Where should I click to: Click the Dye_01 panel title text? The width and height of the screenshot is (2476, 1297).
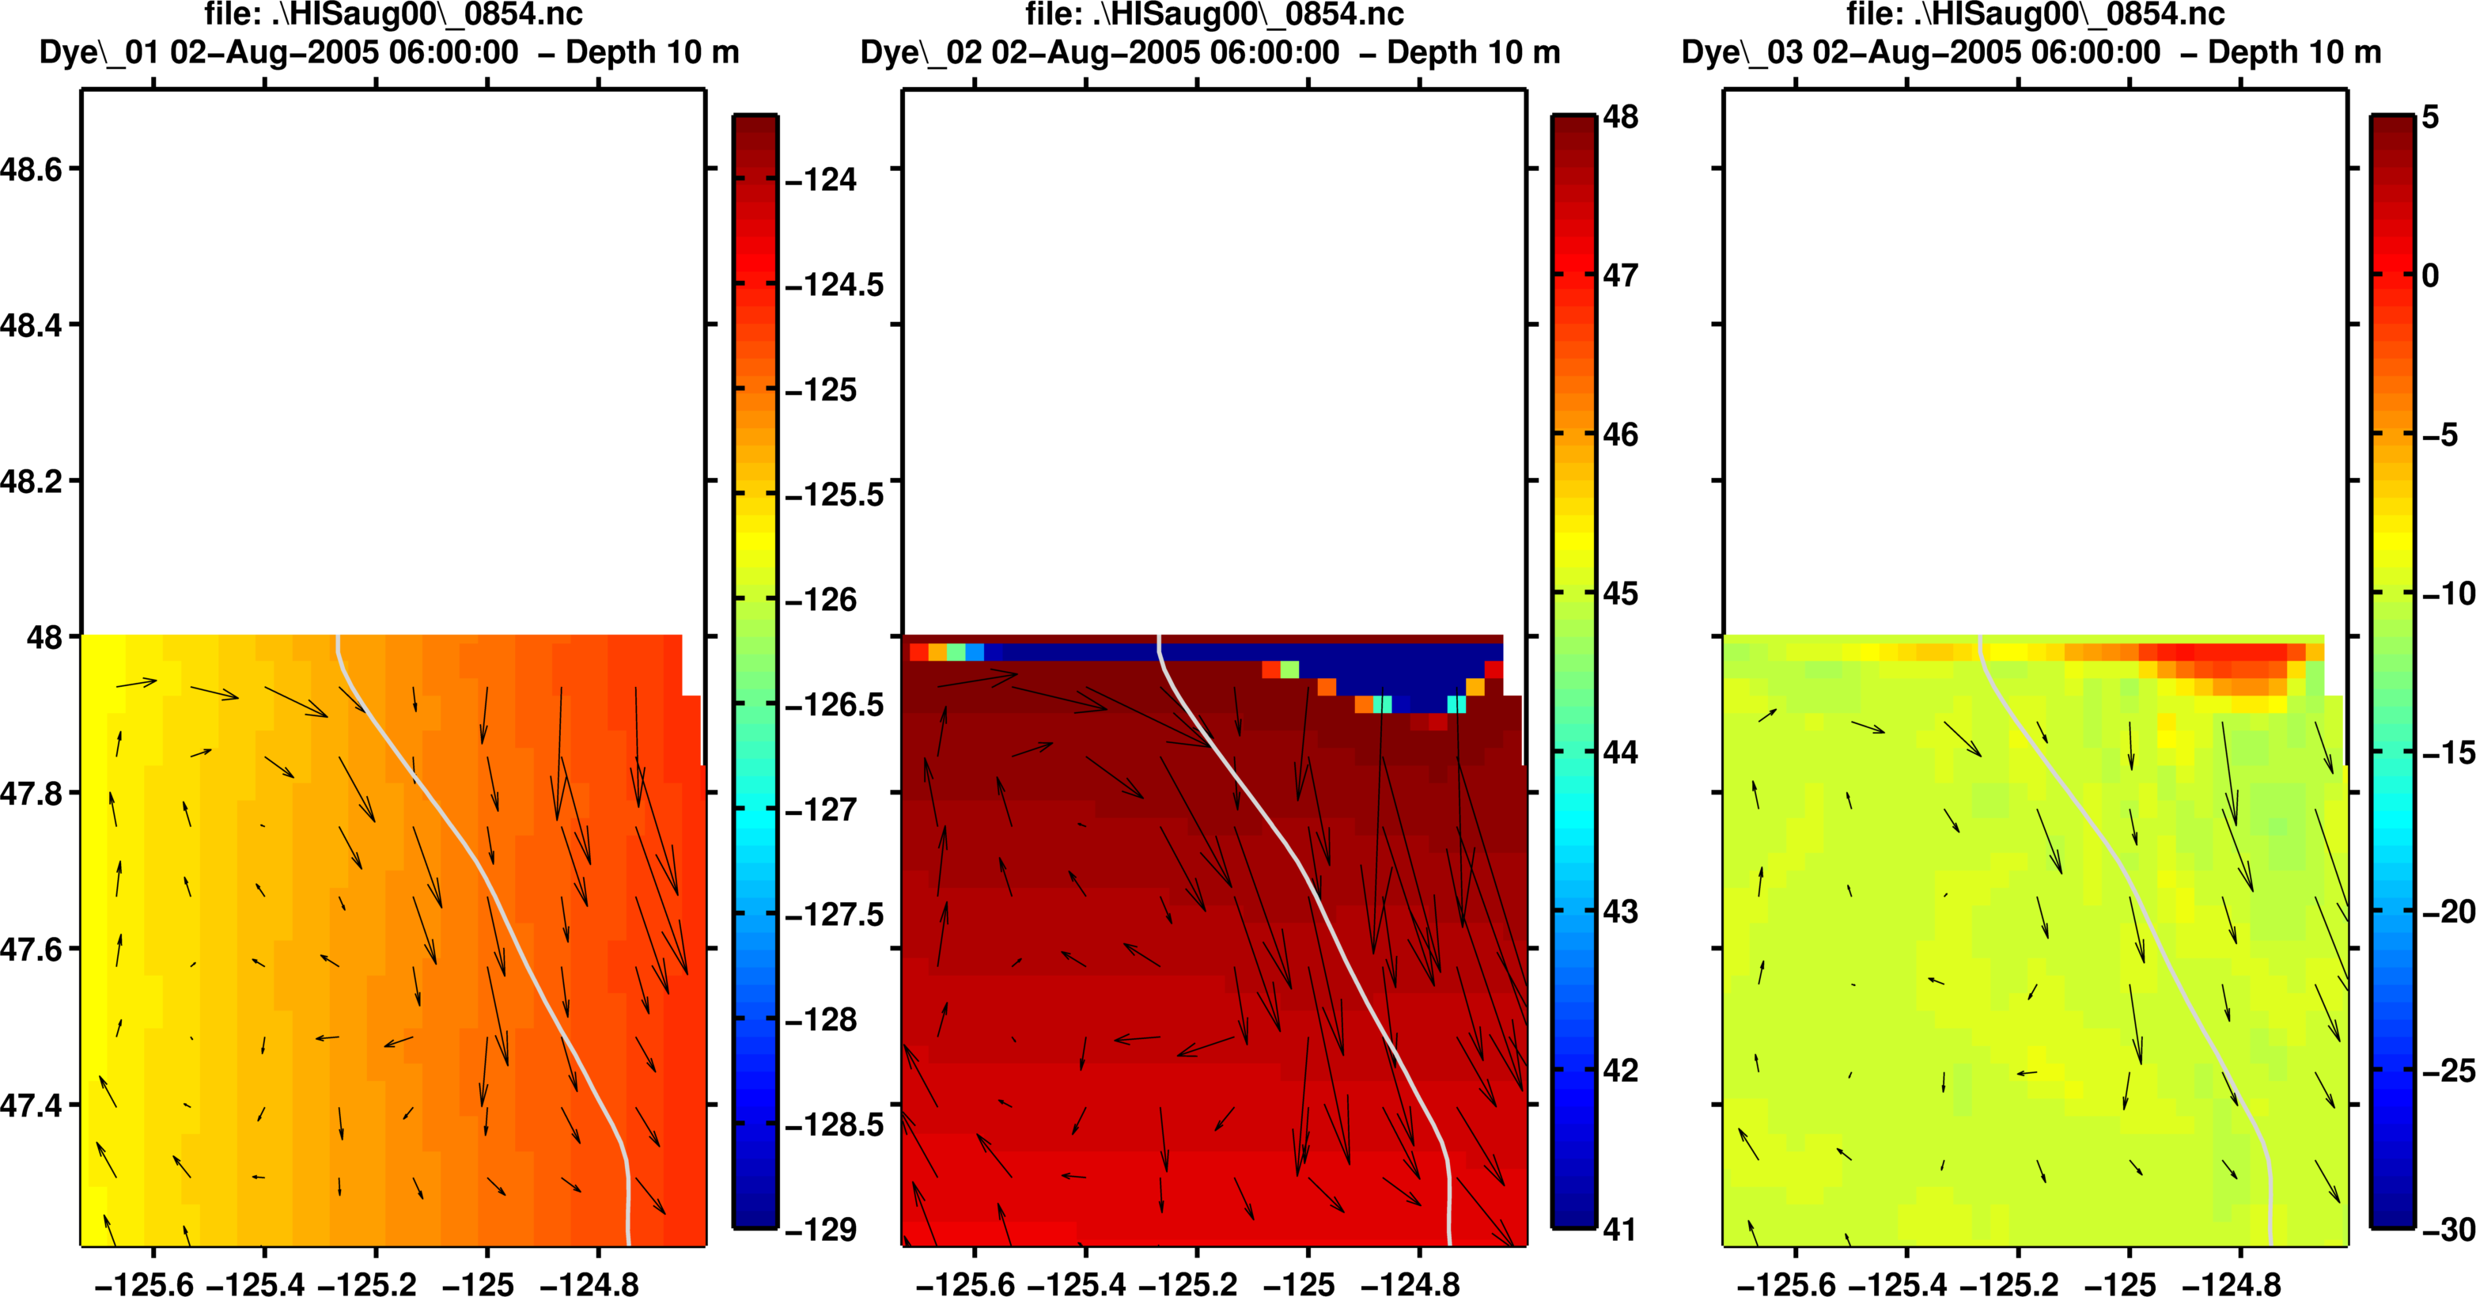389,52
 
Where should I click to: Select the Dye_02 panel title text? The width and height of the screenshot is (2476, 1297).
1210,52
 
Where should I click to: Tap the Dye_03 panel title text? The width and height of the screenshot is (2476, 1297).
2031,52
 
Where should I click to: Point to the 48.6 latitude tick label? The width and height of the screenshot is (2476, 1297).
31,170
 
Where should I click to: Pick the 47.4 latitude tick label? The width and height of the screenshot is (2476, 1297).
31,1105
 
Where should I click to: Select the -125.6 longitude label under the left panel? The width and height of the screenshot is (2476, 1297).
144,1284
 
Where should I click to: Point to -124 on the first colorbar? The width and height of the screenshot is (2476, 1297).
821,180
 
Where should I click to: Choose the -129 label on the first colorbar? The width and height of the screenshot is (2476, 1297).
821,1229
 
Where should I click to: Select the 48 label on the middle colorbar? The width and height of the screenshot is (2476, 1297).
1621,117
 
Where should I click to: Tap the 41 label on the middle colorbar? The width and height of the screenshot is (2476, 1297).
1621,1229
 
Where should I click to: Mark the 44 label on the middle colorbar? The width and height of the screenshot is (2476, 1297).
1621,752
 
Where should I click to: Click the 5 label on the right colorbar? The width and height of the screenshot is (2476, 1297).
2431,117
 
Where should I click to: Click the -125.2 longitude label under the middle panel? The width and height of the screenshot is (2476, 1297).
1189,1284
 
